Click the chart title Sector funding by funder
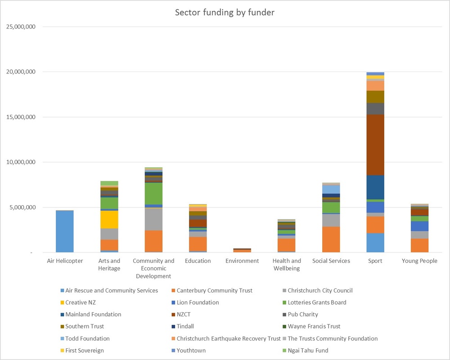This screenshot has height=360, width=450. pos(225,12)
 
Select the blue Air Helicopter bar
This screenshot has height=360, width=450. pos(64,231)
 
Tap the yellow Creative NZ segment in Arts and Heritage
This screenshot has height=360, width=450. pos(109,220)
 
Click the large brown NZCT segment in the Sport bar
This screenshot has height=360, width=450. pos(375,145)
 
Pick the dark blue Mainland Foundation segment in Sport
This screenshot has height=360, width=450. pos(375,187)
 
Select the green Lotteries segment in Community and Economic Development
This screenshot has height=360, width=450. pos(153,193)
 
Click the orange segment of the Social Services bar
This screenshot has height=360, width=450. pos(331,239)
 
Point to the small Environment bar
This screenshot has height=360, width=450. pos(242,250)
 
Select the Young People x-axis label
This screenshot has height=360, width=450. pos(419,261)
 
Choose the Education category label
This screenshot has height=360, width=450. pos(198,261)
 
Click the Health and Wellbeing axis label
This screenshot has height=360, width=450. pos(287,265)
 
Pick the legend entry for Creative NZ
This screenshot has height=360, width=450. pos(78,302)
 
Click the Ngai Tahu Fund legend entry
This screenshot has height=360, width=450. pos(306,351)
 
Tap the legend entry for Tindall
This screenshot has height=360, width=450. pos(183,326)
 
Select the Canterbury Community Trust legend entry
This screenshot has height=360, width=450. pos(212,291)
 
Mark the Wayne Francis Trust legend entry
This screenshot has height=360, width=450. pos(312,326)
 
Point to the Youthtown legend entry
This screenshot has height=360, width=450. pos(189,351)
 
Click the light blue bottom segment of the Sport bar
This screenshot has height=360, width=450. pos(375,243)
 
